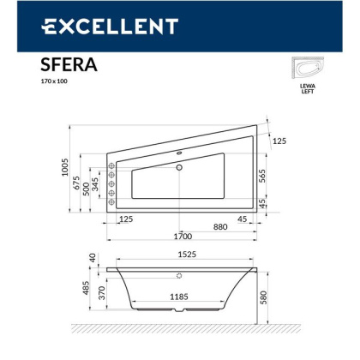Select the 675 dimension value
pos(75,186)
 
